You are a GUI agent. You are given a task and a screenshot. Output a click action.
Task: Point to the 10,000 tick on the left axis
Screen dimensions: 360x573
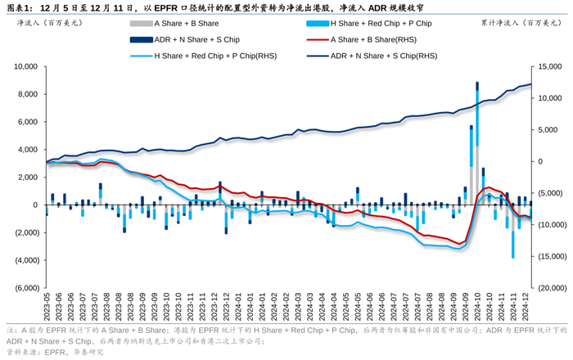point(23,66)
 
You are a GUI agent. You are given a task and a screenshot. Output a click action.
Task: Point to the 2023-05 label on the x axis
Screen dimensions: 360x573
point(47,306)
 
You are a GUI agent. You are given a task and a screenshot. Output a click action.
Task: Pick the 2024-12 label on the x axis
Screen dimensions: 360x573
point(526,306)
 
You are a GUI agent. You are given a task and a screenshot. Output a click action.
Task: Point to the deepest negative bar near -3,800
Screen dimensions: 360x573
point(513,244)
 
